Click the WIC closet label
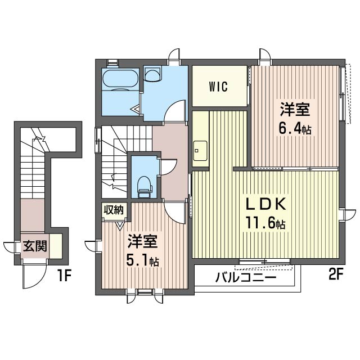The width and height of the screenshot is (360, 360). tap(218, 87)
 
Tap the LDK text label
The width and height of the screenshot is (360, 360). tap(266, 204)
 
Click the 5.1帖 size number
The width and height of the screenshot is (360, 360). tap(142, 260)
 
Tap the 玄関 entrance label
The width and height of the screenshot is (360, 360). tap(35, 246)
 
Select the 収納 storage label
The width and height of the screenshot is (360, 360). tap(114, 210)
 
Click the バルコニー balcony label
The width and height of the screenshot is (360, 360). tap(245, 277)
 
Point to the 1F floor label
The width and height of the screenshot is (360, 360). tap(64, 276)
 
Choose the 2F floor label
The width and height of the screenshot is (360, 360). tap(336, 274)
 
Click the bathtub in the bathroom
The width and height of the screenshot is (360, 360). tap(120, 79)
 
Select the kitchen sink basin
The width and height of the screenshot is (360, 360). tap(200, 151)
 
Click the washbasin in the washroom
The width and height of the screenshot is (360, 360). tap(152, 75)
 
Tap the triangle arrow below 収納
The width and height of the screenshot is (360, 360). tap(119, 226)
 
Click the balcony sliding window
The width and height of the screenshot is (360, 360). tap(264, 261)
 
